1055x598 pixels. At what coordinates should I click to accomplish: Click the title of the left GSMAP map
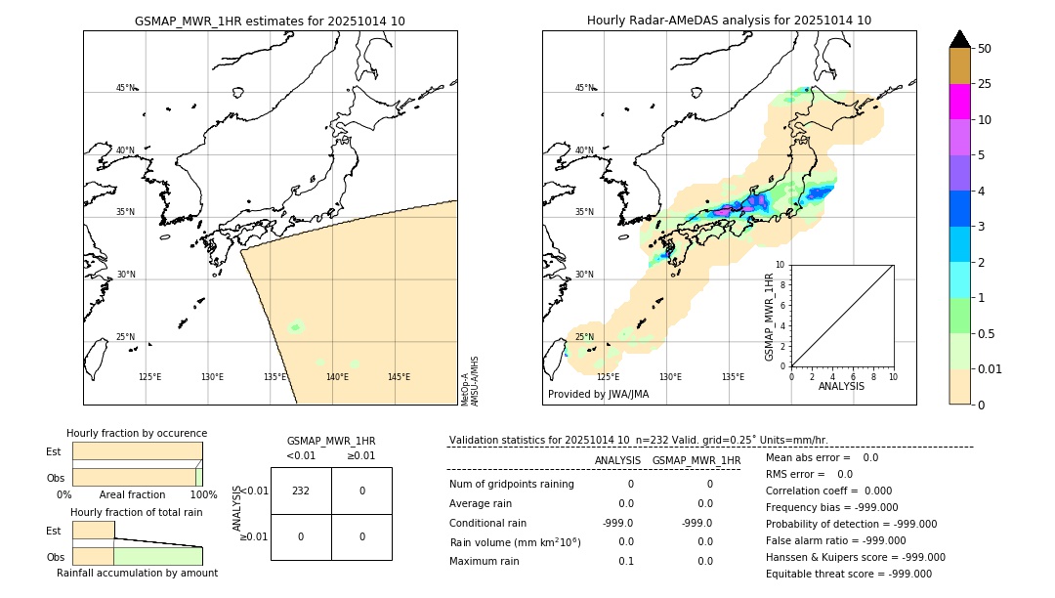pyautogui.click(x=270, y=21)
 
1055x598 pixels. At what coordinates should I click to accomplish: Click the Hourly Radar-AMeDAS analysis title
pyautogui.click(x=729, y=21)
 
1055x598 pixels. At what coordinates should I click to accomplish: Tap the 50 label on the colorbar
pyautogui.click(x=985, y=49)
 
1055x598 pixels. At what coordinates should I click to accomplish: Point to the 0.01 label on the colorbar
pyautogui.click(x=992, y=368)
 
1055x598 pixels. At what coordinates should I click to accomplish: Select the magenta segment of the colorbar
pyautogui.click(x=959, y=102)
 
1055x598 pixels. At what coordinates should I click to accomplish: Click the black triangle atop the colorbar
pyautogui.click(x=959, y=39)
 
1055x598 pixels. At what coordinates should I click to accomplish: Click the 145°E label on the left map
pyautogui.click(x=399, y=377)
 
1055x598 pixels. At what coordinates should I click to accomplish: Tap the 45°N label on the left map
pyautogui.click(x=126, y=88)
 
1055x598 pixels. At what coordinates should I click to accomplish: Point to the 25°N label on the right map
pyautogui.click(x=584, y=337)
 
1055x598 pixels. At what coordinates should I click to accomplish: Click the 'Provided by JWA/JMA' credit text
pyautogui.click(x=598, y=395)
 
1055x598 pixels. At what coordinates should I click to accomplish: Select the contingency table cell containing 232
pyautogui.click(x=301, y=491)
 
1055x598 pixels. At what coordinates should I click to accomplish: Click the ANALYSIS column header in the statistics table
pyautogui.click(x=617, y=460)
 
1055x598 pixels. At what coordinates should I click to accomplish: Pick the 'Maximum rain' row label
pyautogui.click(x=485, y=561)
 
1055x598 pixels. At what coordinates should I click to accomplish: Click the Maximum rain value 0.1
pyautogui.click(x=625, y=561)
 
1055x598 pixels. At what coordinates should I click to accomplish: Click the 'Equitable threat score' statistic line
pyautogui.click(x=848, y=575)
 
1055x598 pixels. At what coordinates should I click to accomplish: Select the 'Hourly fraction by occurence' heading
pyautogui.click(x=137, y=433)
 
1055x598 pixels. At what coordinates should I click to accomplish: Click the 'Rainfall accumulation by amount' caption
pyautogui.click(x=137, y=574)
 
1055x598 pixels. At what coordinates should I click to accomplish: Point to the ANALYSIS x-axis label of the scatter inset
pyautogui.click(x=841, y=387)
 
